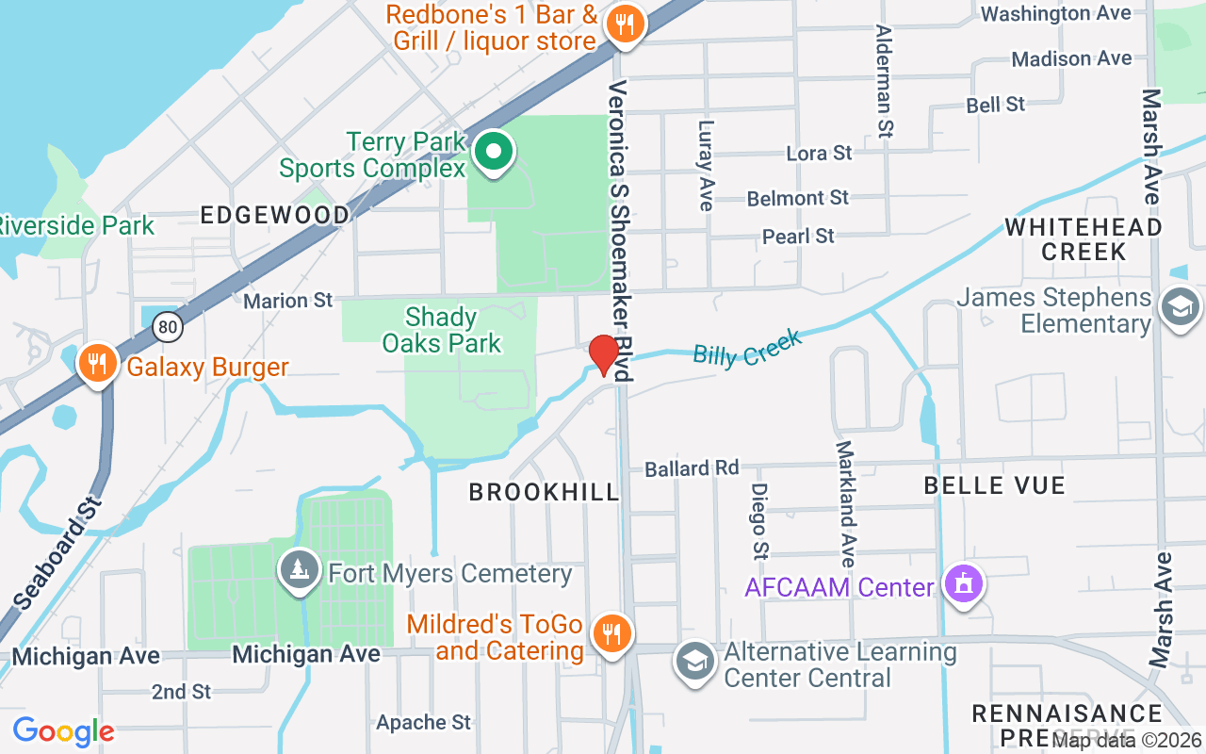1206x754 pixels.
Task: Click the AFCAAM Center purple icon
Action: coord(963,585)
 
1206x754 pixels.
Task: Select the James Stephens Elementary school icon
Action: coord(1181,307)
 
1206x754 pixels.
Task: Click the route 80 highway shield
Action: coord(168,326)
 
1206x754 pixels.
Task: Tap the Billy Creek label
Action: coord(746,348)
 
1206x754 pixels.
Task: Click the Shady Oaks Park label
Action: coord(442,330)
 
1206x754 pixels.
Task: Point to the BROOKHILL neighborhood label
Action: coord(544,492)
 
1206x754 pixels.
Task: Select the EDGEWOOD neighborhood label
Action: coord(274,216)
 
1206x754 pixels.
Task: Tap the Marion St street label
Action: coord(288,301)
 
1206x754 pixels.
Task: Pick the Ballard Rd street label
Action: coord(692,468)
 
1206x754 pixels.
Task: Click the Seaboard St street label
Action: coord(57,551)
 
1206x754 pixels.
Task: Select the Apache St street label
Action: coord(423,723)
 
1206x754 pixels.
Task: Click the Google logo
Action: coord(63,730)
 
